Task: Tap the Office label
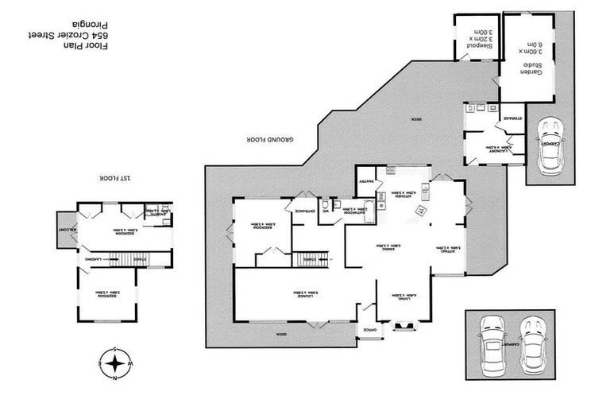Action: pos(369,329)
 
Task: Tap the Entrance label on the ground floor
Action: pos(305,211)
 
